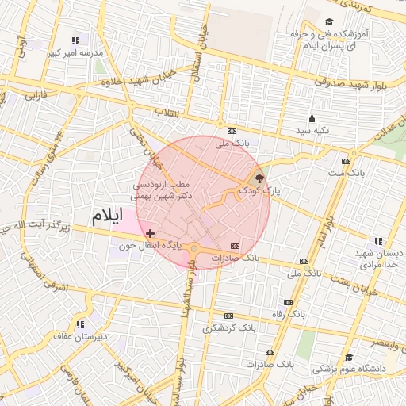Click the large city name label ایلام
pyautogui.click(x=108, y=216)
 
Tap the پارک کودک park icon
pyautogui.click(x=260, y=178)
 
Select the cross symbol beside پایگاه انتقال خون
pyautogui.click(x=151, y=233)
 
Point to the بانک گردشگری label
pyautogui.click(x=229, y=327)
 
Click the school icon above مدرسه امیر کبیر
pyautogui.click(x=75, y=40)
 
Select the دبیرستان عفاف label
pyautogui.click(x=80, y=335)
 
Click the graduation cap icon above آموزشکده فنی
pyautogui.click(x=329, y=22)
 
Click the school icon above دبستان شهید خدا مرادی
pyautogui.click(x=378, y=241)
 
